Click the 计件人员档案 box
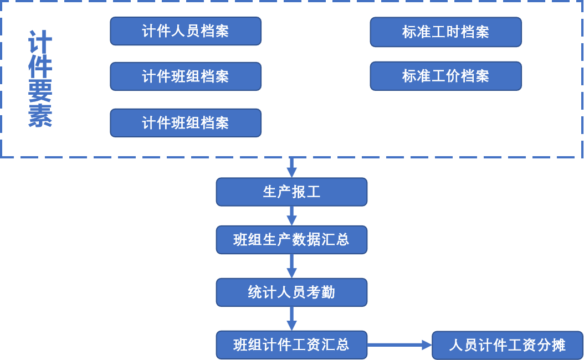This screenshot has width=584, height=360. click(185, 31)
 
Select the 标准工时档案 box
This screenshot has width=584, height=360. click(445, 32)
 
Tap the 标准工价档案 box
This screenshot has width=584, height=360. click(445, 76)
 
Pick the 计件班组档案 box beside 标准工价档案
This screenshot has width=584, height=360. click(185, 76)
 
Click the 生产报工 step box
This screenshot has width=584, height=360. click(291, 192)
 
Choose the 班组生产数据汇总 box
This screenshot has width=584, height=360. click(291, 240)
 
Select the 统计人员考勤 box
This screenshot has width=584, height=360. click(291, 292)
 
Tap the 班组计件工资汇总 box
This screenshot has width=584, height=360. click(291, 345)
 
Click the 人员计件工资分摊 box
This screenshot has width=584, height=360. click(507, 345)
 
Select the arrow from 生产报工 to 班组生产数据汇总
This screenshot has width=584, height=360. click(291, 215)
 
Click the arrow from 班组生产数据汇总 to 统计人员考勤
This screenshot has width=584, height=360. click(291, 266)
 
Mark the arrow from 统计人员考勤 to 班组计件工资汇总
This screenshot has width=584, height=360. click(291, 318)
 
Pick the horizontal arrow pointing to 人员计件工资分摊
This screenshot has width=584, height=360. click(399, 345)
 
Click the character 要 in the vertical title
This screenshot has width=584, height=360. click(40, 91)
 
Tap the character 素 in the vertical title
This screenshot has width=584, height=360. click(40, 116)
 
